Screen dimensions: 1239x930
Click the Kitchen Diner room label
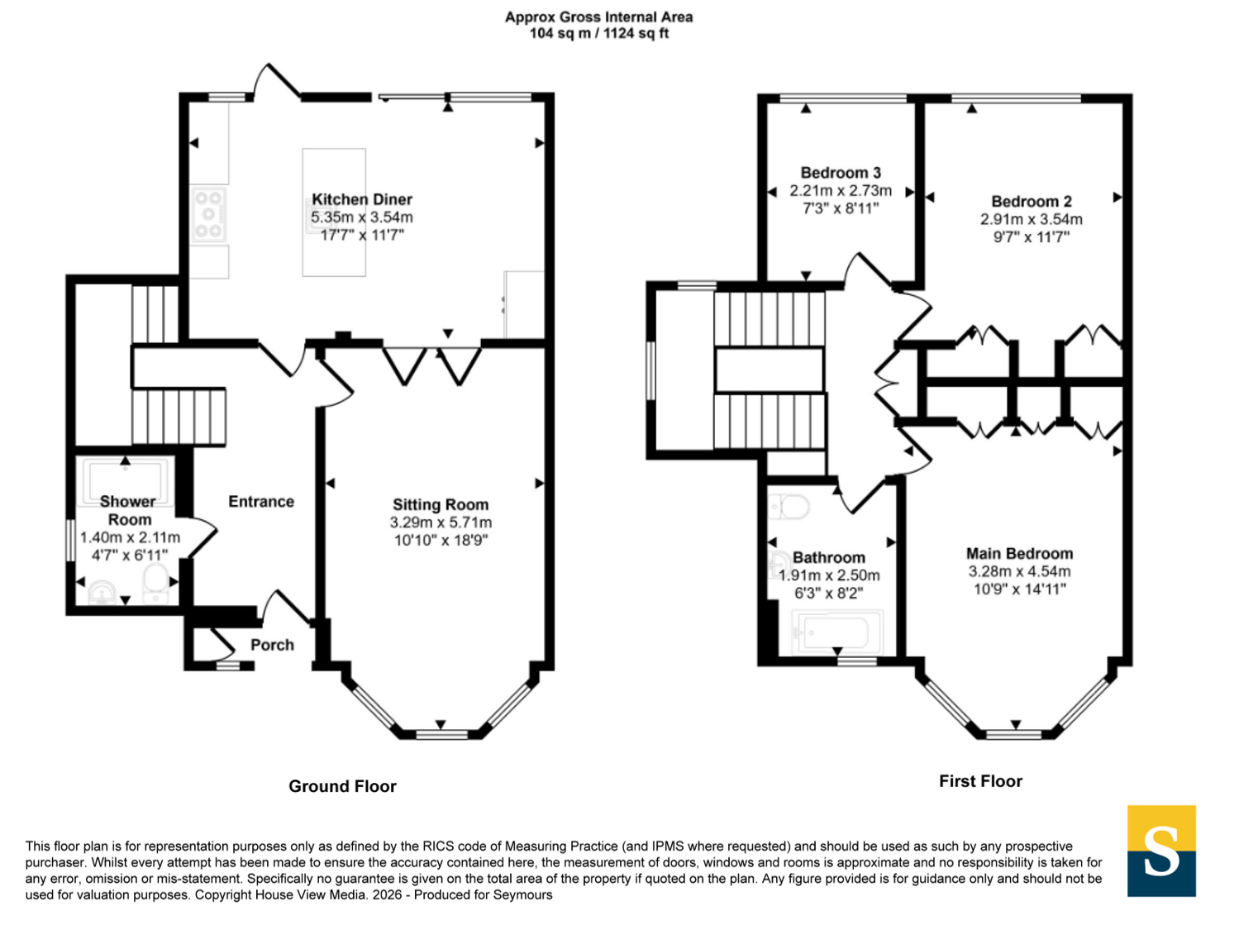pyautogui.click(x=362, y=199)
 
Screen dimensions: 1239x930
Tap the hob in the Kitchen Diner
pyautogui.click(x=208, y=214)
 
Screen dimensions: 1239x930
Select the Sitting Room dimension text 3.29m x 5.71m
pyautogui.click(x=441, y=522)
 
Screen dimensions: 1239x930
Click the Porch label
pyautogui.click(x=272, y=645)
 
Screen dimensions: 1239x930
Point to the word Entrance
pyautogui.click(x=261, y=502)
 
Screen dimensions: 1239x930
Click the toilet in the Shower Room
pyautogui.click(x=155, y=584)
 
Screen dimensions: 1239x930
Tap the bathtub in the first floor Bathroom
pyautogui.click(x=837, y=632)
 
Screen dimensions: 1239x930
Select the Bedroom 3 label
pyautogui.click(x=841, y=173)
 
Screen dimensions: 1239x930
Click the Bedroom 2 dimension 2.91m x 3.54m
pyautogui.click(x=1032, y=219)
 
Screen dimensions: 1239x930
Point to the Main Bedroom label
pyautogui.click(x=1019, y=554)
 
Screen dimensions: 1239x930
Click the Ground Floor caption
pyautogui.click(x=342, y=786)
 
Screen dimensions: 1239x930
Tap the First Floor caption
pyautogui.click(x=980, y=781)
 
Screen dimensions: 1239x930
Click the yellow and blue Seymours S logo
pyautogui.click(x=1161, y=851)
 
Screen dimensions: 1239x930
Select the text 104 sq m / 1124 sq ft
pyautogui.click(x=599, y=33)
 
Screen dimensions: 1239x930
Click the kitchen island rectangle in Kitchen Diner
pyautogui.click(x=334, y=212)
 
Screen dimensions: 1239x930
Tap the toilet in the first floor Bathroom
pyautogui.click(x=789, y=506)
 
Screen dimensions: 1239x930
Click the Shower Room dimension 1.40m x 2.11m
pyautogui.click(x=130, y=537)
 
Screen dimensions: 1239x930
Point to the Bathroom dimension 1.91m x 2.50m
pyautogui.click(x=829, y=575)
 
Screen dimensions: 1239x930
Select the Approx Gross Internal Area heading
pyautogui.click(x=599, y=17)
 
